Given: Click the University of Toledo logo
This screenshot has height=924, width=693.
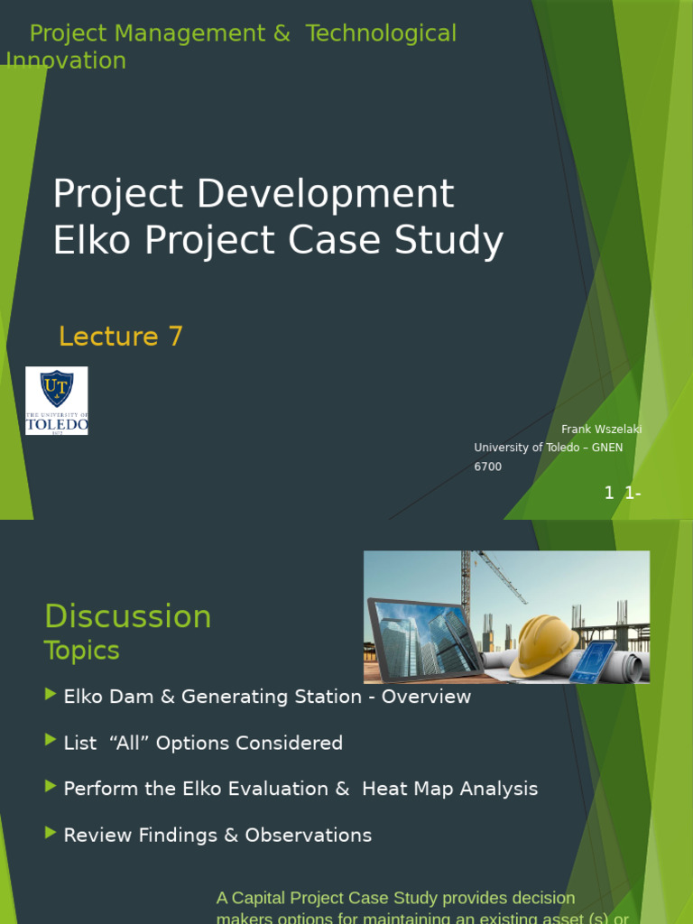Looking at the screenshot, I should pyautogui.click(x=56, y=401).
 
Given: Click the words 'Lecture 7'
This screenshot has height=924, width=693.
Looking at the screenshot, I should pyautogui.click(x=121, y=337).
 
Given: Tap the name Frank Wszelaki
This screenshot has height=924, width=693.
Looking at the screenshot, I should pyautogui.click(x=601, y=429).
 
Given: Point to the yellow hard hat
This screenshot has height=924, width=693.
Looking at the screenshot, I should pyautogui.click(x=543, y=644).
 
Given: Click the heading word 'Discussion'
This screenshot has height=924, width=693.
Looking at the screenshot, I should pyautogui.click(x=127, y=617).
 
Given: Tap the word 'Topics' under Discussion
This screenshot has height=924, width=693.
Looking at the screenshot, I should pyautogui.click(x=81, y=651).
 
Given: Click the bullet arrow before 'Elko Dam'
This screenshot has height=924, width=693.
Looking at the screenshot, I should pyautogui.click(x=50, y=694).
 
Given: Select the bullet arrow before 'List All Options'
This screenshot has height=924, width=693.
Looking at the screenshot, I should pyautogui.click(x=50, y=740).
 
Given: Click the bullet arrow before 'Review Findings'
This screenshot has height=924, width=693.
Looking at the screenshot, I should pyautogui.click(x=50, y=833).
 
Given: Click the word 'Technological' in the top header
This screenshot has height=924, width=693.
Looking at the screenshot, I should pyautogui.click(x=381, y=33).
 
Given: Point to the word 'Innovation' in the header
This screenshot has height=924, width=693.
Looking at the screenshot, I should pyautogui.click(x=66, y=60).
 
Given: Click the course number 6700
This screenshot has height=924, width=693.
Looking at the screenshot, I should pyautogui.click(x=487, y=467).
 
